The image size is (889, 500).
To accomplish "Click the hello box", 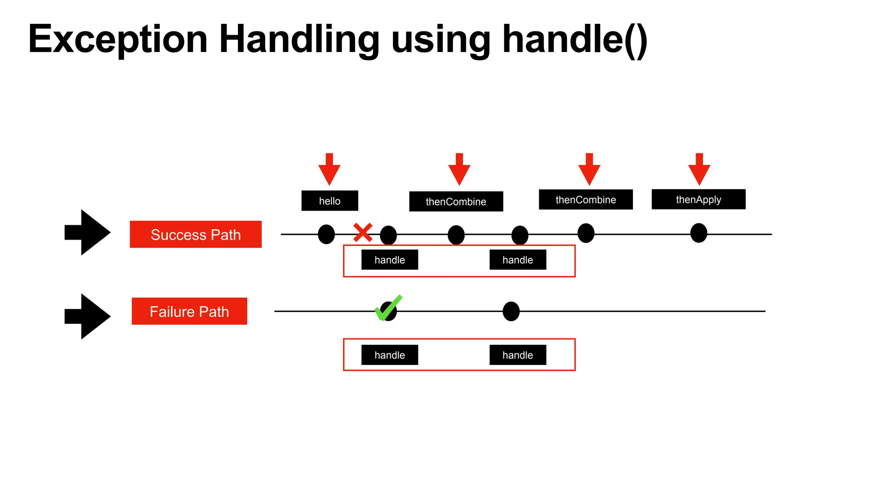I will click(x=329, y=201).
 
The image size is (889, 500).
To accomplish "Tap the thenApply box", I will click(x=698, y=199).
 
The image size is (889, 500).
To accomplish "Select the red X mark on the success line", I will click(x=362, y=233).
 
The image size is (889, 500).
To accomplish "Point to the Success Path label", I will click(x=195, y=234).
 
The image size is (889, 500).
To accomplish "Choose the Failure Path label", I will click(x=189, y=311).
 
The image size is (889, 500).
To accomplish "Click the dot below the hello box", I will click(x=326, y=234).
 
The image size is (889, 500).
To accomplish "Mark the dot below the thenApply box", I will click(x=698, y=233).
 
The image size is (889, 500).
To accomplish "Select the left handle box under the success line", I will click(x=389, y=260).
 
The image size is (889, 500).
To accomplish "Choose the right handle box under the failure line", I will click(x=517, y=355).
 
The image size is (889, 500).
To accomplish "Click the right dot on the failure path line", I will click(x=511, y=311).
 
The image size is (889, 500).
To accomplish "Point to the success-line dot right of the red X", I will click(x=389, y=235).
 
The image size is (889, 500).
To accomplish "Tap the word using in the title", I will click(x=441, y=40).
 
